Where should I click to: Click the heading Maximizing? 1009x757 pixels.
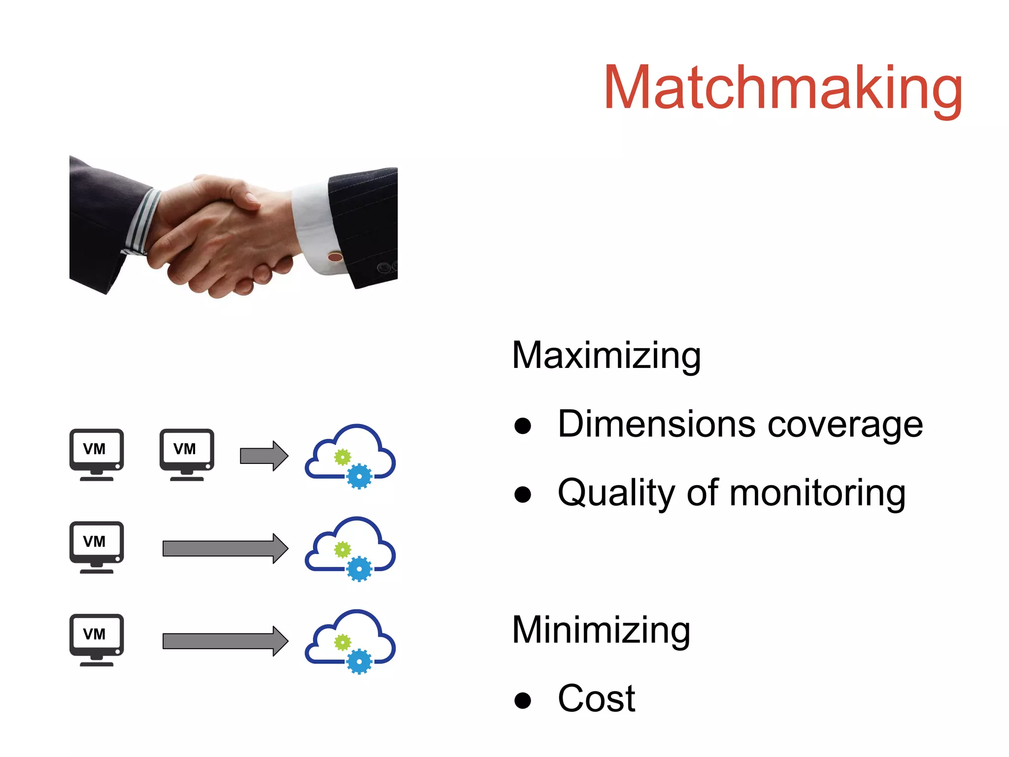click(606, 356)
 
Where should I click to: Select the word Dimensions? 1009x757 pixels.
click(656, 424)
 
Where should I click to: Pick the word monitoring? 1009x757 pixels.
click(817, 493)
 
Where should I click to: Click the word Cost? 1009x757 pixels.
click(596, 698)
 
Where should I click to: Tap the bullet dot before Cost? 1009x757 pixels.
click(522, 700)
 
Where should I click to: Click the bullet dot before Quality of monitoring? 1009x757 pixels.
click(522, 494)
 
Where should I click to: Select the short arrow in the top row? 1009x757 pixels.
click(264, 456)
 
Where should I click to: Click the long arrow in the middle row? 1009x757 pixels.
click(225, 548)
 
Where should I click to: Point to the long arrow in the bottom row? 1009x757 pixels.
click(225, 641)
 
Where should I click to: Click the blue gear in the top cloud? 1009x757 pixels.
click(359, 476)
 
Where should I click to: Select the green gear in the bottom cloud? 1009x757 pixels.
click(342, 642)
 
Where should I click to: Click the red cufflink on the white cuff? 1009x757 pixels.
click(335, 257)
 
